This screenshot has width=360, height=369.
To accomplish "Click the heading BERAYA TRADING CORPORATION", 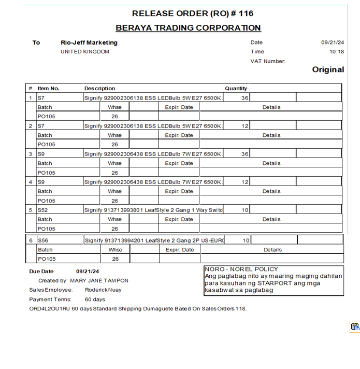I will point(188,28).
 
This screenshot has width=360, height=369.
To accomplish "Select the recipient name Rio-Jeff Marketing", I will point(89,42).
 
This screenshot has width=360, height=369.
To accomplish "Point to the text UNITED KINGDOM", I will point(85,52).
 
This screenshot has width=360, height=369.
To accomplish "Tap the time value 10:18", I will point(337,52).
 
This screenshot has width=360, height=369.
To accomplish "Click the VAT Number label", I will point(268,61).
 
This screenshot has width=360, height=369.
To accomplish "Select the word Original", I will point(328,70).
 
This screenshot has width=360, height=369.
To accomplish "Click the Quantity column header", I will point(236,89).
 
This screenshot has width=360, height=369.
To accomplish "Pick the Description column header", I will point(99,89).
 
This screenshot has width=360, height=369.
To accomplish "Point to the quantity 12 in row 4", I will point(244,182).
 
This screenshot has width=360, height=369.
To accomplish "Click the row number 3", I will point(31,154).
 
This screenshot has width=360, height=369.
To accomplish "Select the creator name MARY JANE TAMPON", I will point(99,280).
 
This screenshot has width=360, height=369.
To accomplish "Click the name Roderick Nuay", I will point(103,290).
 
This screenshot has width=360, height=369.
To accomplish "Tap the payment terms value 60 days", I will point(95,300).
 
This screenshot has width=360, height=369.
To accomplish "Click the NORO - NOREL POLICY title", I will point(241,269).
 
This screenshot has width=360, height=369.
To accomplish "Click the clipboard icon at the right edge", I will point(355,327).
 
